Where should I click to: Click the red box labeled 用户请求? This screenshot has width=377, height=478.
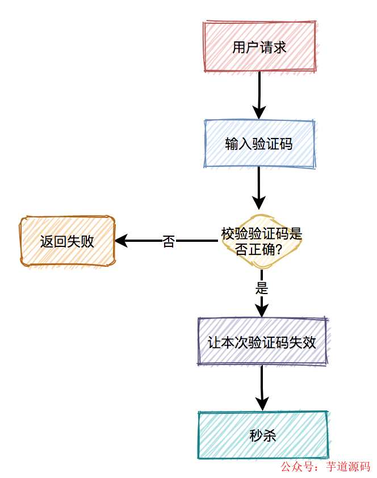[x=259, y=47]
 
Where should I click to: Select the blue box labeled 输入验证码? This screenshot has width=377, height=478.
[x=259, y=144]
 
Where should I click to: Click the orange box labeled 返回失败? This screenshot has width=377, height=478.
[x=67, y=241]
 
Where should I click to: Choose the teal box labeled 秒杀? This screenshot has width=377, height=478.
[x=262, y=435]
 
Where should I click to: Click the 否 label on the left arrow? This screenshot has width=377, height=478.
[x=169, y=241]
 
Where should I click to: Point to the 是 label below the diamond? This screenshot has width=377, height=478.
[x=262, y=288]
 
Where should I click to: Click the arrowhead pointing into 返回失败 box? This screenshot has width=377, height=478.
[x=121, y=241]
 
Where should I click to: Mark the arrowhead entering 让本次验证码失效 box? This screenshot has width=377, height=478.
[x=262, y=310]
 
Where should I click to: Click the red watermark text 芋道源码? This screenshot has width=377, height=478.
[x=348, y=467]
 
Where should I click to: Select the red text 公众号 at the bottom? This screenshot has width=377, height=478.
[x=298, y=467]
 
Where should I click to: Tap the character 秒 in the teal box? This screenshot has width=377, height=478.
[x=255, y=435]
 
